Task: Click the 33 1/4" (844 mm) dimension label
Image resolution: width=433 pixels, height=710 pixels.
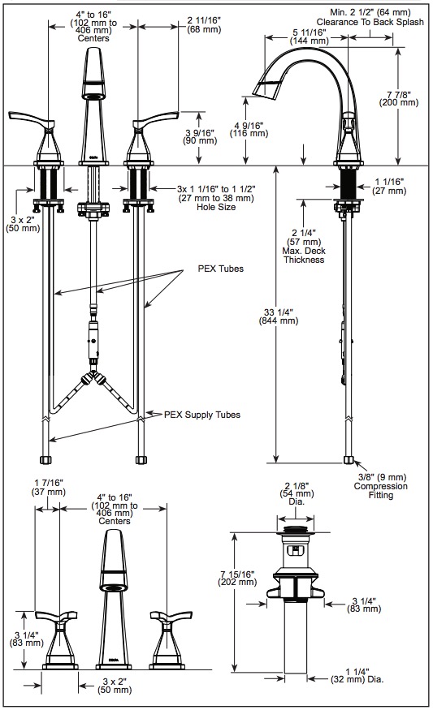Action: click(279, 316)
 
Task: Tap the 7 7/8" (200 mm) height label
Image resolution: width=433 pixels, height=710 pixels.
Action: click(399, 98)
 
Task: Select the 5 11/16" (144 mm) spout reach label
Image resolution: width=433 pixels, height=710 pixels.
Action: click(309, 37)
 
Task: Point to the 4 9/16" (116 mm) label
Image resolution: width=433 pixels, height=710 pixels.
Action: click(249, 129)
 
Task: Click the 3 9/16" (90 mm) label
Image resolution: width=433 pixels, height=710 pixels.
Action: click(200, 136)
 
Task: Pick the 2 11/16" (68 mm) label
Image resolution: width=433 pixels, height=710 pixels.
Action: click(204, 25)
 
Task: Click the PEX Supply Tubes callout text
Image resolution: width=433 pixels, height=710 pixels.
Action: click(202, 415)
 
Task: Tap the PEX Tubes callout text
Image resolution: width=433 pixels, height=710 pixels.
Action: click(220, 269)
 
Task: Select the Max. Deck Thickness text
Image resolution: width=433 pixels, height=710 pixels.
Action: click(304, 256)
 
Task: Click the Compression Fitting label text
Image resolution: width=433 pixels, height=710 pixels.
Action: click(380, 490)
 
